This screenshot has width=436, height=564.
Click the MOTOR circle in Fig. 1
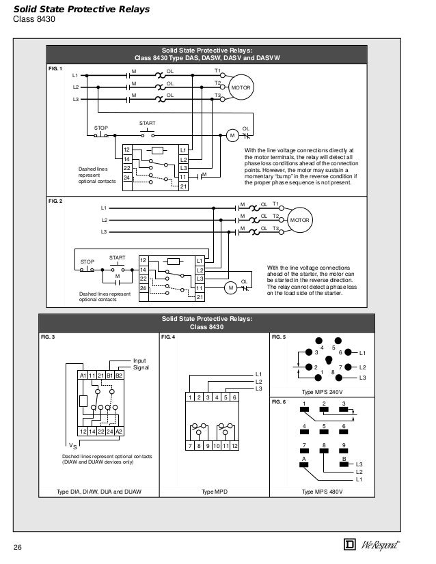240,89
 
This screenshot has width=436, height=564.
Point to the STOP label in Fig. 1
101,128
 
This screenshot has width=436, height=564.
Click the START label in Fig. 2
118,257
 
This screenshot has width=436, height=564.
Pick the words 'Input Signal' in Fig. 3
139,363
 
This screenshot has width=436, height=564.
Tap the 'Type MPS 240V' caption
325,392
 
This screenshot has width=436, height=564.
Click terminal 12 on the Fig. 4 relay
234,446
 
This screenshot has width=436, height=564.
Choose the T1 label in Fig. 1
217,70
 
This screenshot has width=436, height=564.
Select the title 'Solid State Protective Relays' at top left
82,8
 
